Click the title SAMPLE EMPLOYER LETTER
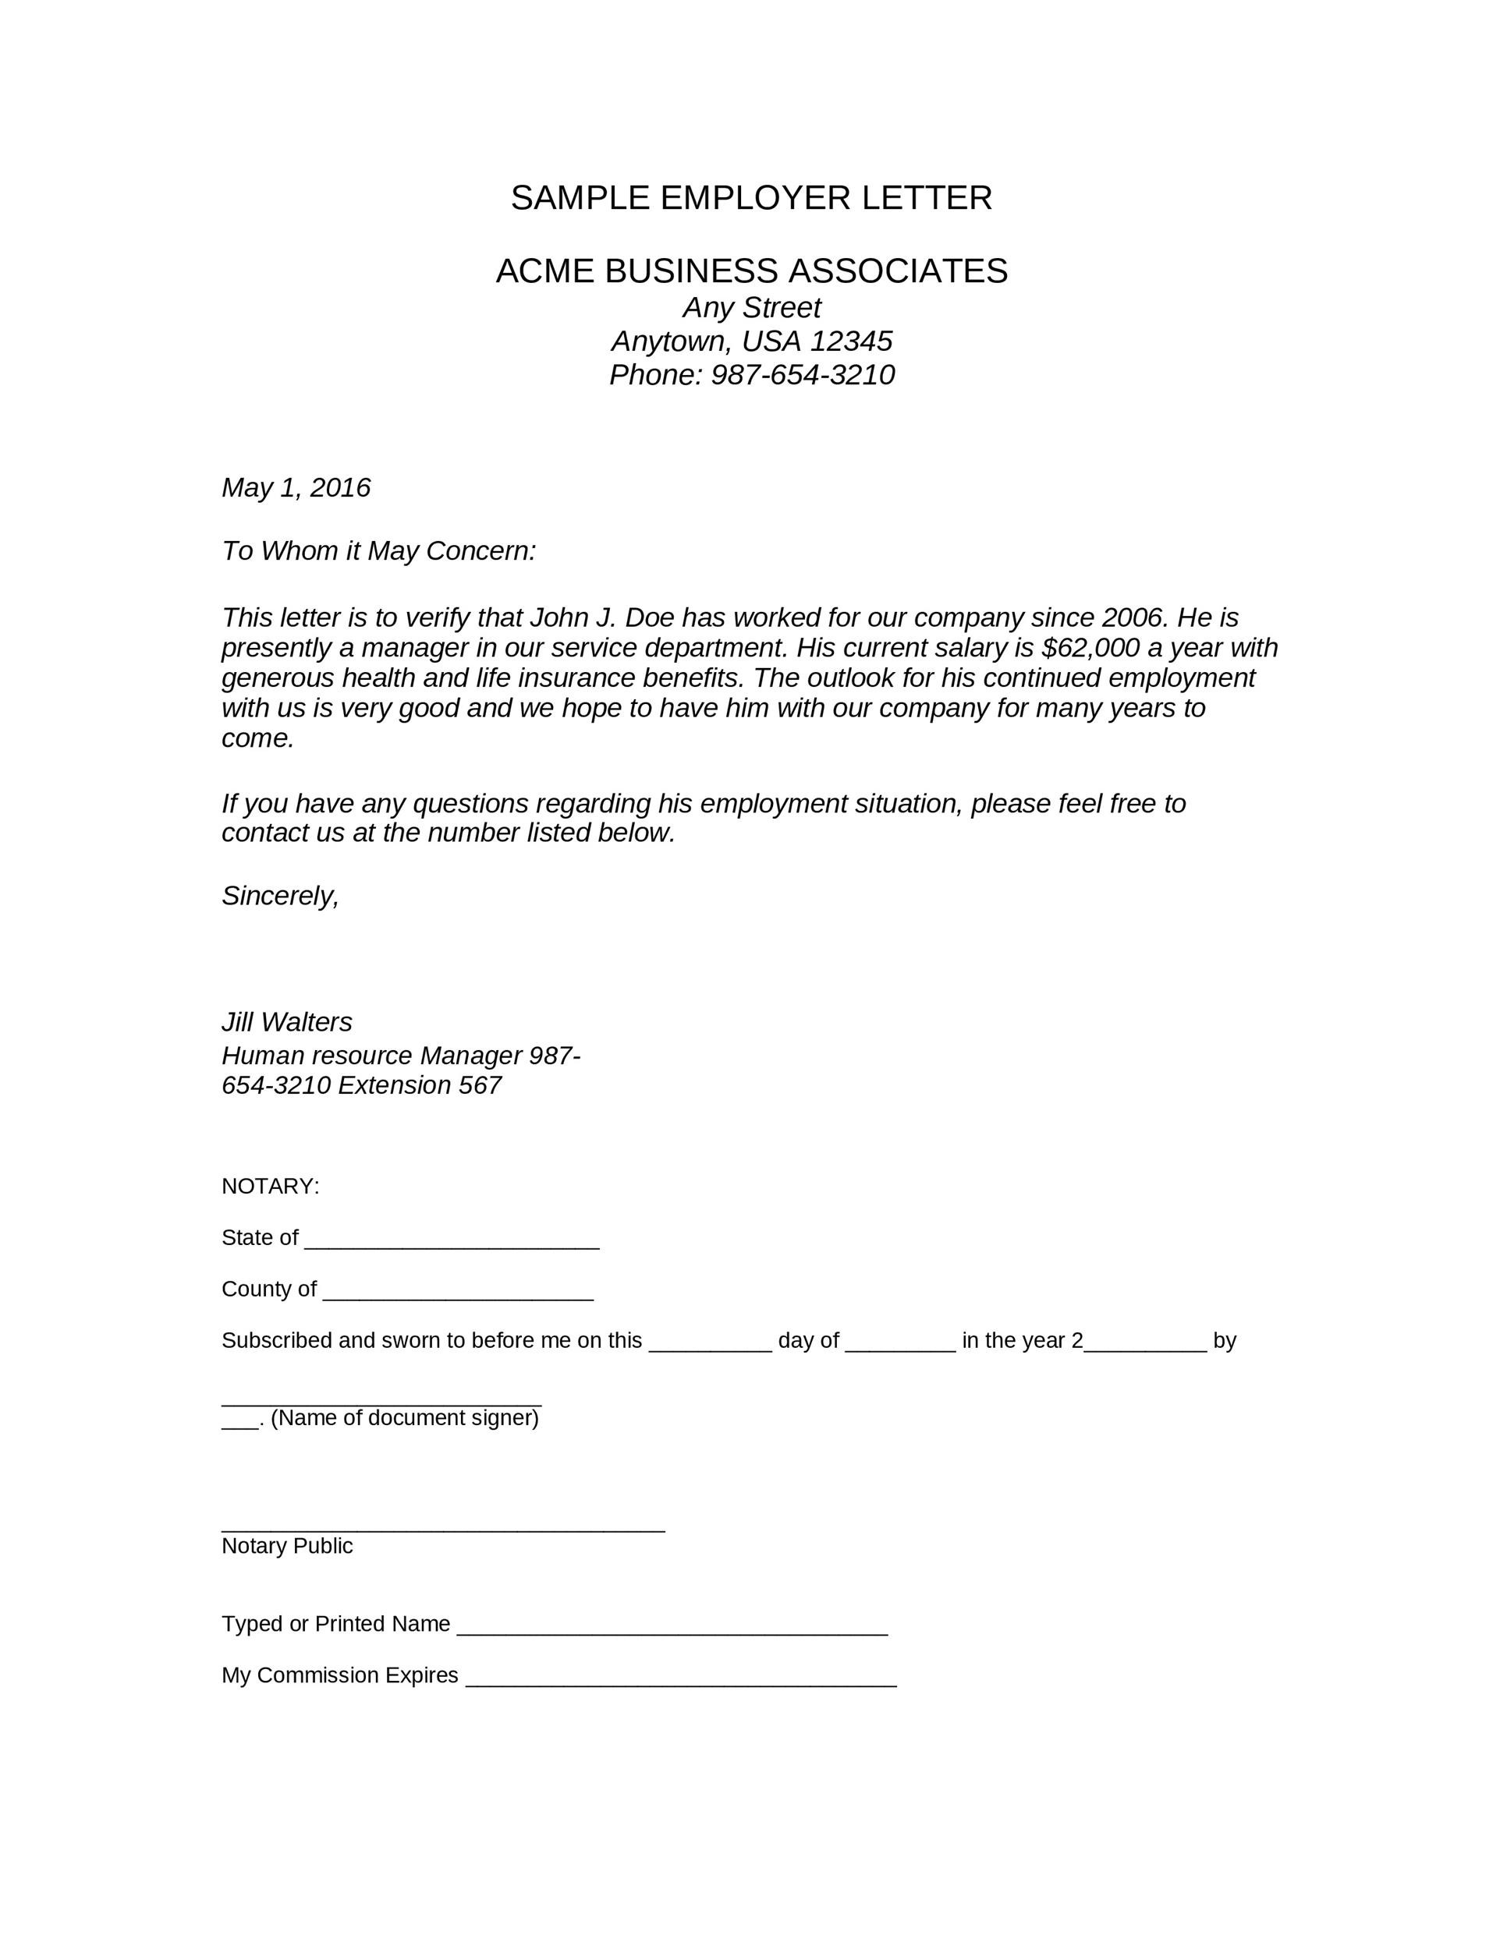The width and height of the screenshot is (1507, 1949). [x=751, y=198]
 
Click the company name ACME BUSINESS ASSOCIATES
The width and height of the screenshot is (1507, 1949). [x=751, y=271]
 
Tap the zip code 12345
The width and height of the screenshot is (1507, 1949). [x=851, y=341]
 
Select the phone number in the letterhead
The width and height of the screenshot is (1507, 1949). [x=802, y=376]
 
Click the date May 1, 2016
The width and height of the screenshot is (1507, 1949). [x=296, y=488]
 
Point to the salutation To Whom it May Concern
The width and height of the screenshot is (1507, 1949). [x=378, y=551]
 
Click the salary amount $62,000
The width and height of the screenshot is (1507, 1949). [x=1090, y=648]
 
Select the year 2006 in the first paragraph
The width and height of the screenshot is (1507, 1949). [x=1134, y=617]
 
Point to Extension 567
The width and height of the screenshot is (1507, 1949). [x=419, y=1086]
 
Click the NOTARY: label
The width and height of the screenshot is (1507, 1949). [x=270, y=1187]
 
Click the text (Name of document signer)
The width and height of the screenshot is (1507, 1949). [x=404, y=1419]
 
